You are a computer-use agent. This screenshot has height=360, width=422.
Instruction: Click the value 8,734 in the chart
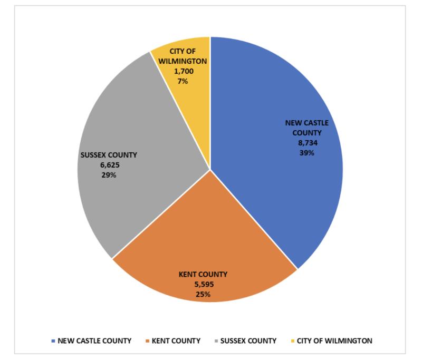tap(307, 142)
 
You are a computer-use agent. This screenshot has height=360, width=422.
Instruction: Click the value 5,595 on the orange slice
tap(203, 284)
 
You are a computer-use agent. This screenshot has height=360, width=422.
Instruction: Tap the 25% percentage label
tap(203, 294)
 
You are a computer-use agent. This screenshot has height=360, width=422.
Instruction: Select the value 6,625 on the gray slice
tap(109, 165)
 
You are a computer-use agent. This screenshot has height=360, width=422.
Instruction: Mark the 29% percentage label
tap(109, 175)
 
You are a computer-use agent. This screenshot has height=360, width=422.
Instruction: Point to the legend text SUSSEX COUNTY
tap(248, 341)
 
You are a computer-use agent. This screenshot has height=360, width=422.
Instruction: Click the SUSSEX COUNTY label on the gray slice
tap(109, 155)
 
